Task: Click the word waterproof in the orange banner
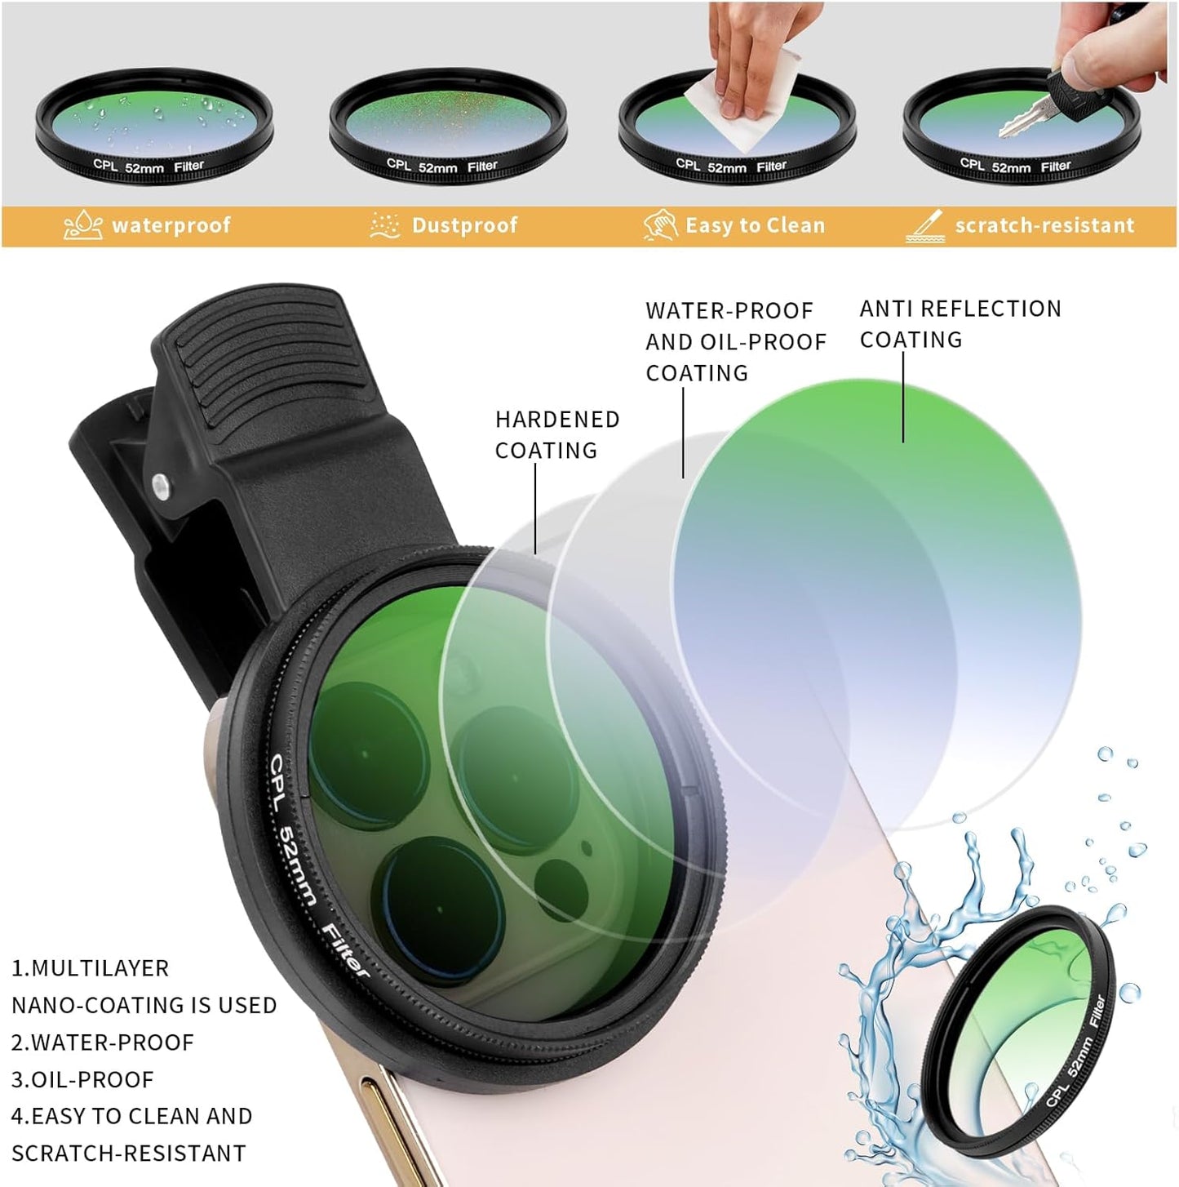[x=171, y=225]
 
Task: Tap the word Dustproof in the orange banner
[x=464, y=225]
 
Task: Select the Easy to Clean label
[x=755, y=225]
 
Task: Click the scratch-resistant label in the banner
[x=1044, y=225]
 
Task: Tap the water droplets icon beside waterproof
[x=83, y=225]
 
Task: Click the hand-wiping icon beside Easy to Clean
[x=660, y=225]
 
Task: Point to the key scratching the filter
[x=1032, y=106]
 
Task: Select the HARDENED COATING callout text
[x=557, y=434]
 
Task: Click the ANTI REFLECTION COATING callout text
[x=960, y=323]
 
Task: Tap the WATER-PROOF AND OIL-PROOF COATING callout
[x=735, y=341]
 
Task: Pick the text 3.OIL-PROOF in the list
[x=82, y=1079]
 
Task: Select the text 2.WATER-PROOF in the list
[x=103, y=1043]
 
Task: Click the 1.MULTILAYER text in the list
[x=90, y=968]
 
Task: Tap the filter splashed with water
[x=1020, y=1033]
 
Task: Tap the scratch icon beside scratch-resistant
[x=924, y=226]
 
